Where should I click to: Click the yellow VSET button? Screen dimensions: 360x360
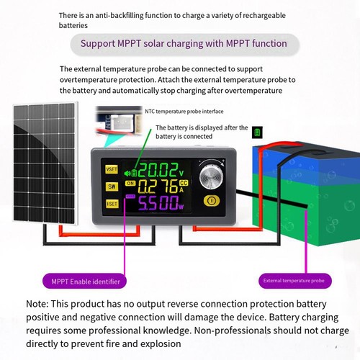point(112,169)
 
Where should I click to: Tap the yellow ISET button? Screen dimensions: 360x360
point(112,204)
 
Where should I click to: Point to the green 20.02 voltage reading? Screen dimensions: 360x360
point(158,170)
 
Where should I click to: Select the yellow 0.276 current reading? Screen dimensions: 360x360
point(158,186)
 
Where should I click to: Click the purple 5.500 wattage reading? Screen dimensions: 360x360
point(158,203)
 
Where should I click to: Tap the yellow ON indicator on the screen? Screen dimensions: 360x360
point(130,184)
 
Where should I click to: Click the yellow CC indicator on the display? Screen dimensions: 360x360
point(184,183)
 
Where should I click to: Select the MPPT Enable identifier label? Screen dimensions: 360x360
point(84,282)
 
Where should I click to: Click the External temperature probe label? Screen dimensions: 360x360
point(295,281)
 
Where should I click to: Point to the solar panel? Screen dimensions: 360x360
point(45,163)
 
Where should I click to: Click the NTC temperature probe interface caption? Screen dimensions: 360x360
point(184,112)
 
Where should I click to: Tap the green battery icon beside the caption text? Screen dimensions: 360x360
point(257,132)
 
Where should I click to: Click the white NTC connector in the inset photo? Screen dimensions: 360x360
point(122,123)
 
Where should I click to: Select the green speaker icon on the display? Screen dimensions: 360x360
point(127,173)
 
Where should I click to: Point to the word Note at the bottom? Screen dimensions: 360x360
point(37,304)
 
